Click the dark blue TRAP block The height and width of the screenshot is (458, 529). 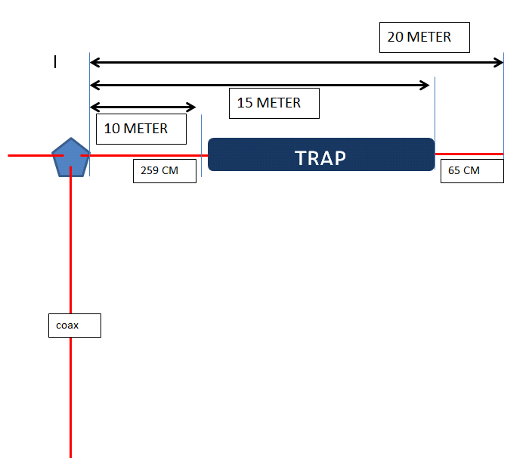[321, 154]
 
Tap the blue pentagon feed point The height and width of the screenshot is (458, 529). [70, 157]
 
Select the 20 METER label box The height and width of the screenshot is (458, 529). [424, 37]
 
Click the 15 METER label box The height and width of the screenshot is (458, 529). [274, 103]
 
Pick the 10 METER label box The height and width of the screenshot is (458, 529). [141, 129]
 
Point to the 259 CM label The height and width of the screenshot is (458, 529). [164, 171]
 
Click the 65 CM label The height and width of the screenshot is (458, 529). [472, 171]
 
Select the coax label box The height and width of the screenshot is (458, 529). [73, 326]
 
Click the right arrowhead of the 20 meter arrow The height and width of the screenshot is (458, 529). [498, 62]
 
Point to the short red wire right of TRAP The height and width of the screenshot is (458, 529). [469, 154]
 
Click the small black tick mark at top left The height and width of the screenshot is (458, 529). [54, 62]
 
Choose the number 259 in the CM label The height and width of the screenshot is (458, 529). [150, 171]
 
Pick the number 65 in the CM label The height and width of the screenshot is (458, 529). [454, 171]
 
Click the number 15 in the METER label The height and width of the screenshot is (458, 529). [245, 103]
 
